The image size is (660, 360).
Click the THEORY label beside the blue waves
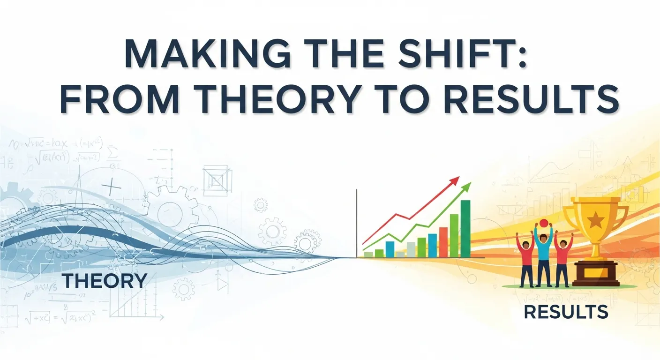click(x=105, y=281)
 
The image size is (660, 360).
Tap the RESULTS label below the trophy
click(x=566, y=312)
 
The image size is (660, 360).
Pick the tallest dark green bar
click(x=465, y=229)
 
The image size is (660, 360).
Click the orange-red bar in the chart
click(x=443, y=242)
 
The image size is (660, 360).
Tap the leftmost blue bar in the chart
click(x=390, y=249)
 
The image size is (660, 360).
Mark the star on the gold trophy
click(x=595, y=218)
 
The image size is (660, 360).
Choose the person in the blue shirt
click(x=543, y=253)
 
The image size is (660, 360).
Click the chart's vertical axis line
click(x=357, y=223)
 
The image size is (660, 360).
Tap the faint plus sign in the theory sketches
click(x=112, y=187)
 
